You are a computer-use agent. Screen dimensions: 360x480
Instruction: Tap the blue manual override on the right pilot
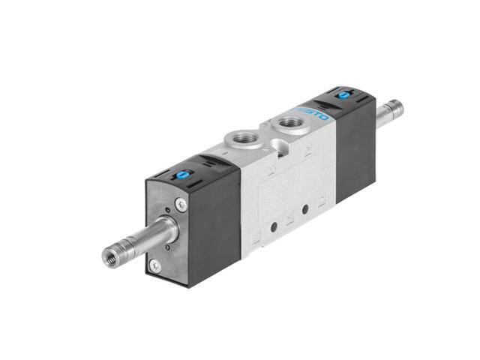[344, 95]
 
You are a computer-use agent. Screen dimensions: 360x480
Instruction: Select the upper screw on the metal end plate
[181, 202]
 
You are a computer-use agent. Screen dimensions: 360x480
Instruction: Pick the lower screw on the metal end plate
[154, 265]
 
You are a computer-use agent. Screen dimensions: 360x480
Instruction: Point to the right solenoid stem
[391, 112]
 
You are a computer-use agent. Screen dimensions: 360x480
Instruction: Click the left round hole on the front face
[274, 224]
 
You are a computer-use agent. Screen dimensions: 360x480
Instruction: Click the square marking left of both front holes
[257, 235]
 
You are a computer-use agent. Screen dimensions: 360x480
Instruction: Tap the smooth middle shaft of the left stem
[143, 241]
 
